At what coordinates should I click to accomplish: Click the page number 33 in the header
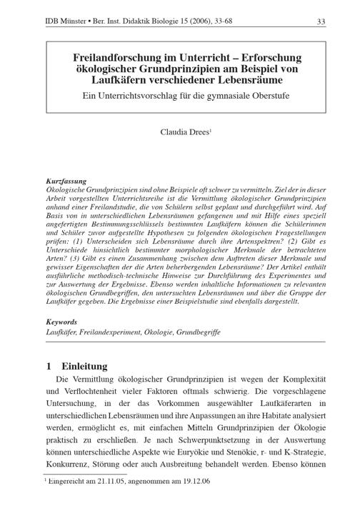pyautogui.click(x=321, y=21)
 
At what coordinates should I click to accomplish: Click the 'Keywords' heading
pyautogui.click(x=61, y=322)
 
